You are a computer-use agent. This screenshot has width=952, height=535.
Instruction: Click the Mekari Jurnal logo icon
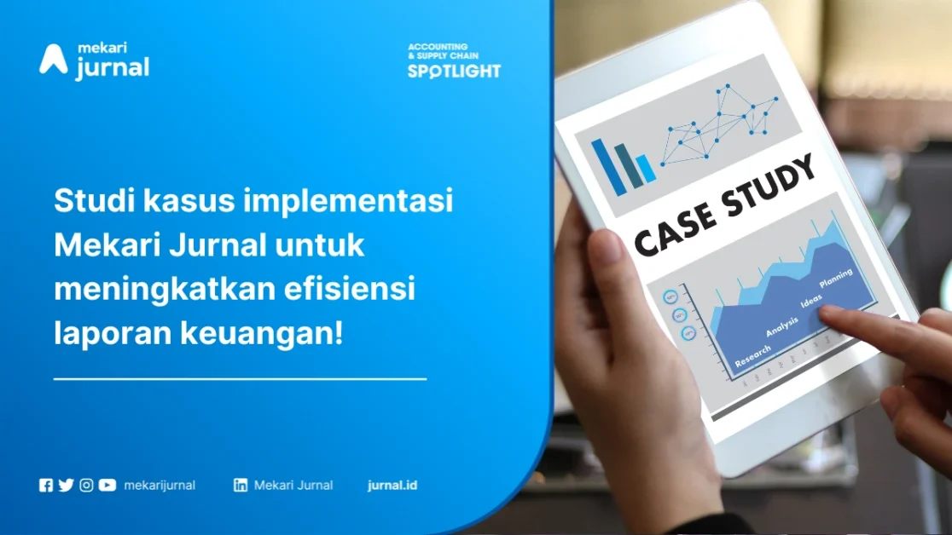[x=53, y=59]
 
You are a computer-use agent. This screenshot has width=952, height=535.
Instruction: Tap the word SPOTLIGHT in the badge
[x=454, y=72]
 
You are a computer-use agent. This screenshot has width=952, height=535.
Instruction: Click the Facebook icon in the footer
[x=46, y=486]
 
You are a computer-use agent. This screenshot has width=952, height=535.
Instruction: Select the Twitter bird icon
[x=66, y=486]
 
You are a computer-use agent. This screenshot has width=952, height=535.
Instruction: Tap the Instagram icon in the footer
[x=86, y=486]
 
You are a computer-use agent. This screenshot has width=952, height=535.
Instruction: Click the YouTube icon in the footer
[x=107, y=486]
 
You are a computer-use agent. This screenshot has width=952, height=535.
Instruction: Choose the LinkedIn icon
[x=241, y=486]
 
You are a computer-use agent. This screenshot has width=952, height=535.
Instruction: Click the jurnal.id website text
[x=392, y=486]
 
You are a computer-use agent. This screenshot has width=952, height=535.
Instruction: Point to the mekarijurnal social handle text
[x=160, y=486]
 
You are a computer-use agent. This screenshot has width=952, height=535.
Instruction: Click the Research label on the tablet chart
[x=752, y=356]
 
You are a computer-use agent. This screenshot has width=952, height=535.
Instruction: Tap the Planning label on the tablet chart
[x=835, y=279]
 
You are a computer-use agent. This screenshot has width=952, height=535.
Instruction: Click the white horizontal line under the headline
[x=240, y=378]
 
